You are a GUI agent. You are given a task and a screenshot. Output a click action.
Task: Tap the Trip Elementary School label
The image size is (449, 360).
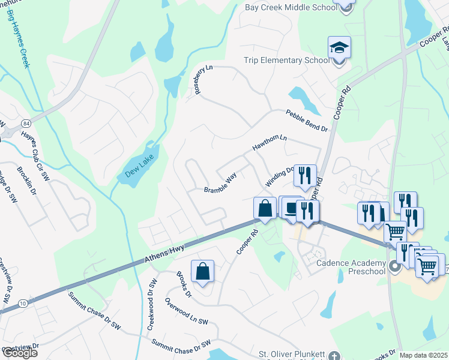286,60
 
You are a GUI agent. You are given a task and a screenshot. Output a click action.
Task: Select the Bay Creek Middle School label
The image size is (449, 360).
290,8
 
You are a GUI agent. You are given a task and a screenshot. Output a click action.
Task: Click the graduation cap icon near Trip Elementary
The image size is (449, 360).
339,48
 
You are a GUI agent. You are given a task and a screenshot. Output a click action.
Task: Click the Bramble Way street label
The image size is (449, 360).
220,185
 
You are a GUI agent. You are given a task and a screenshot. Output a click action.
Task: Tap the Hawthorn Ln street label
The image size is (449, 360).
270,142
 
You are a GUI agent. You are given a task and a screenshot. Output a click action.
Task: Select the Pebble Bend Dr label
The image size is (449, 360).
306,120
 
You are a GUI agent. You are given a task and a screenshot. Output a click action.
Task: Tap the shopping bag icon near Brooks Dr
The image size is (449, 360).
203,271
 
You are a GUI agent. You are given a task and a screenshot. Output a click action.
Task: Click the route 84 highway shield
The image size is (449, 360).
26,123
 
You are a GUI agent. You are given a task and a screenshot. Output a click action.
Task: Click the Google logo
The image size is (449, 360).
20,353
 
